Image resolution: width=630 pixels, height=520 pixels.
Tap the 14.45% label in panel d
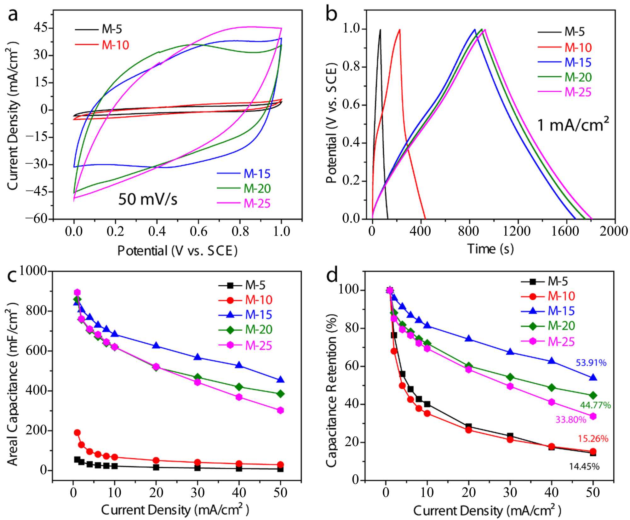[x=584, y=466]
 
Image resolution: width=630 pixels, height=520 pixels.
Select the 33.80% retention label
[x=571, y=420]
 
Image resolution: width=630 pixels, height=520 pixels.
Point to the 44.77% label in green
[x=595, y=405]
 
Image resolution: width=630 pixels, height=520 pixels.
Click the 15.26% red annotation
[x=593, y=438]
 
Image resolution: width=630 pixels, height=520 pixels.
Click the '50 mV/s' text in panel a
[x=148, y=199]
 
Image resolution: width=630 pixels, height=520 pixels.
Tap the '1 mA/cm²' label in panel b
[x=573, y=124]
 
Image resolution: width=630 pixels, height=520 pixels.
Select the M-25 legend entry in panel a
[x=244, y=203]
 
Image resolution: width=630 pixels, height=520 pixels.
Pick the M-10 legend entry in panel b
[x=564, y=48]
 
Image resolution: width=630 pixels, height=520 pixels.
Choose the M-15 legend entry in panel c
[x=245, y=314]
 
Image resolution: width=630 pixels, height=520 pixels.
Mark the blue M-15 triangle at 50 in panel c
[x=280, y=380]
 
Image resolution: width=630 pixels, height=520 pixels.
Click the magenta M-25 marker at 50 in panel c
[x=280, y=410]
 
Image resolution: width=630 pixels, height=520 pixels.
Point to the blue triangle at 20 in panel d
[x=468, y=338]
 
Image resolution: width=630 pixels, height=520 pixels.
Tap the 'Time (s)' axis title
[x=490, y=249]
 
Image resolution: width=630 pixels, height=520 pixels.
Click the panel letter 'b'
[x=331, y=15]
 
